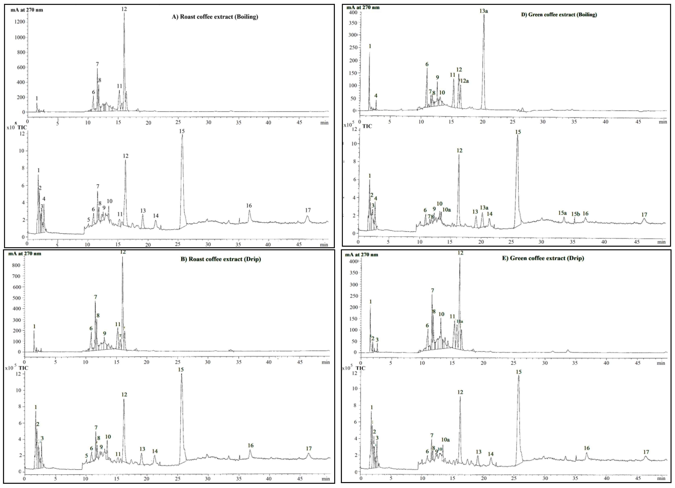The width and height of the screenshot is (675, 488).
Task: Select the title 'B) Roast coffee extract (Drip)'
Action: click(221, 259)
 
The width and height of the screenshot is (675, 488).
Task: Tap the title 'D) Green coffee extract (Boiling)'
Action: click(559, 14)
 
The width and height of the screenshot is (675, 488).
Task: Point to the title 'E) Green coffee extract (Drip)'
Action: click(543, 258)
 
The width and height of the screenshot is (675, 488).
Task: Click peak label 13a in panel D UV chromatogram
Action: click(483, 11)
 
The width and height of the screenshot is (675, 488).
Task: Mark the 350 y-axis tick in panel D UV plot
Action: click(353, 23)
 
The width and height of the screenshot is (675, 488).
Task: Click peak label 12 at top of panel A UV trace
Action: click(124, 9)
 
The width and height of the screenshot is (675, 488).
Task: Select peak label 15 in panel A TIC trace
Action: click(182, 131)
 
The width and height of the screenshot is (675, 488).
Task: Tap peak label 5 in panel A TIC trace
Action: click(88, 220)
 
